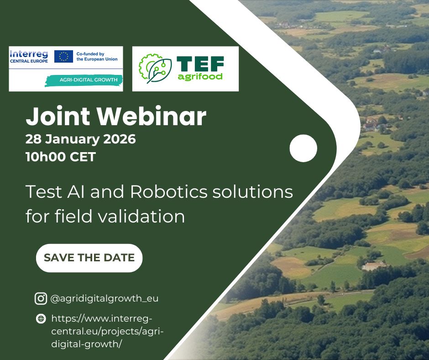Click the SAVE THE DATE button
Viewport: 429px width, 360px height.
click(x=89, y=258)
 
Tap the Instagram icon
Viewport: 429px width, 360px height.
click(x=41, y=298)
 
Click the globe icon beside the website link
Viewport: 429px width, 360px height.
click(x=41, y=318)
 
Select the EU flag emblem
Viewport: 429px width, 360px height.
click(x=63, y=57)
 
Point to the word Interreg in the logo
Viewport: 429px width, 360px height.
click(x=29, y=54)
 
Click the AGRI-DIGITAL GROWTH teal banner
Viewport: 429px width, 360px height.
click(x=84, y=80)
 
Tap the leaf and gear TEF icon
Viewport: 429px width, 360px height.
click(x=155, y=69)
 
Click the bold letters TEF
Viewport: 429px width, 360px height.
click(x=200, y=64)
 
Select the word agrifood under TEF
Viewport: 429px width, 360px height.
click(x=200, y=77)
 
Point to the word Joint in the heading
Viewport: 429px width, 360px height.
click(x=58, y=116)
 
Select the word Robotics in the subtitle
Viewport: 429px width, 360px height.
click(x=169, y=192)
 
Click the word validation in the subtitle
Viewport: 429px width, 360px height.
click(x=141, y=216)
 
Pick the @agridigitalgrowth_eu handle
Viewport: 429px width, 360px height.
click(x=105, y=298)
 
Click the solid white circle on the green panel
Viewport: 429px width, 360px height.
click(x=303, y=148)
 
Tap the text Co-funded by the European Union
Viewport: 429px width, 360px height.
click(x=97, y=57)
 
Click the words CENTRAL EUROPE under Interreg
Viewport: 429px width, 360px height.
click(x=29, y=61)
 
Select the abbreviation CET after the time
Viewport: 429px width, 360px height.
click(x=83, y=157)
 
